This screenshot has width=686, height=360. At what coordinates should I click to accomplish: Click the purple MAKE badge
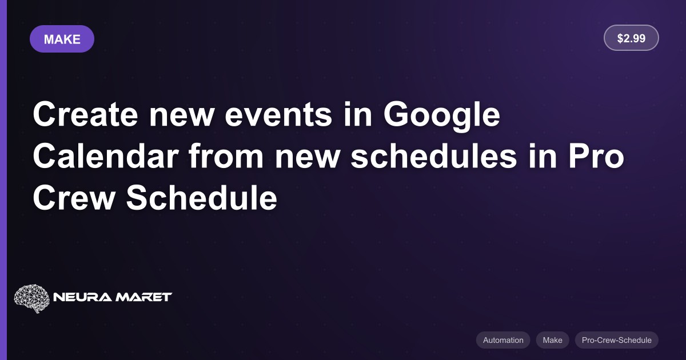(x=62, y=39)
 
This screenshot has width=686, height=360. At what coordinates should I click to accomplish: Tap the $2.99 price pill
(x=631, y=38)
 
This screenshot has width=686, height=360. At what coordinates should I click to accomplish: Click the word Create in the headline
(x=85, y=114)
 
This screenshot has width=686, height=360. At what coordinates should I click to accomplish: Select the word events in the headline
(x=278, y=115)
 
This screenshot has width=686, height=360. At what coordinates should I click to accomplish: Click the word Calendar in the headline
(x=106, y=156)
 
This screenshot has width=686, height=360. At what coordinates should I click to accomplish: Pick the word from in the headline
(x=226, y=156)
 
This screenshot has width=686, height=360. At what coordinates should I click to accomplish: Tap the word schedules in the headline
(x=434, y=156)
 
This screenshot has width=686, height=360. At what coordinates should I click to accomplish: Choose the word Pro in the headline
(x=596, y=156)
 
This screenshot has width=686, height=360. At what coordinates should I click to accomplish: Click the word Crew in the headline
(x=74, y=198)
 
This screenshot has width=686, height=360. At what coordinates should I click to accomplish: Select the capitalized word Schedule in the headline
(x=201, y=198)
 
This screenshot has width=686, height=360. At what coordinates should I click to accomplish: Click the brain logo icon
(x=31, y=298)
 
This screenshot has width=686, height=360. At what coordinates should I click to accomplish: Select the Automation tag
(x=503, y=340)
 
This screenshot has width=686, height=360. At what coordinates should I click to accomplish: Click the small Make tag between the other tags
(x=552, y=340)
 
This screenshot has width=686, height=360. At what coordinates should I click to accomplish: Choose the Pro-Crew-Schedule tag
(x=616, y=340)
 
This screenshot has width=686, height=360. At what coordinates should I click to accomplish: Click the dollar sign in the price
(x=620, y=38)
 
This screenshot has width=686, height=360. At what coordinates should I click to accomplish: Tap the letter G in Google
(x=396, y=114)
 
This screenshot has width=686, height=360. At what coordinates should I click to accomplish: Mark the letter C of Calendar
(x=45, y=155)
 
